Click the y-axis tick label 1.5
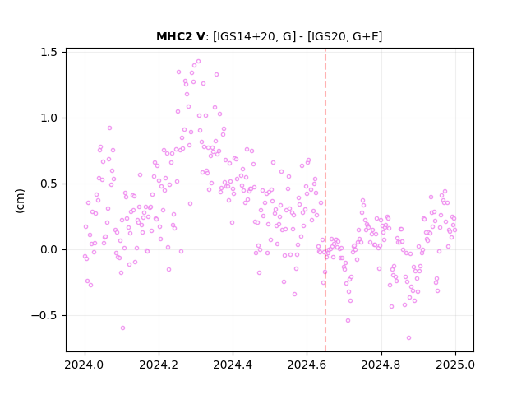[x=48, y=53]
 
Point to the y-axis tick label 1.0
[x=48, y=118]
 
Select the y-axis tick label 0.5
[x=48, y=184]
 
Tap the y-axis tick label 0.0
[x=48, y=250]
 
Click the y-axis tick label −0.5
[x=44, y=316]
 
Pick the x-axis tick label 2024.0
[x=85, y=365]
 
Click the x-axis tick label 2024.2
[x=159, y=365]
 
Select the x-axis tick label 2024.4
[x=233, y=365]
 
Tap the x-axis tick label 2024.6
[x=307, y=365]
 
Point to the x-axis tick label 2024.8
[x=381, y=365]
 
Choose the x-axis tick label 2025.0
[x=455, y=365]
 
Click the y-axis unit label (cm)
[x=20, y=201]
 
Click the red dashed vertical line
[x=325, y=200]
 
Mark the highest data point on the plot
[x=198, y=62]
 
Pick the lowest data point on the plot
[x=408, y=338]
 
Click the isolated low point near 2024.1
[x=122, y=328]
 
